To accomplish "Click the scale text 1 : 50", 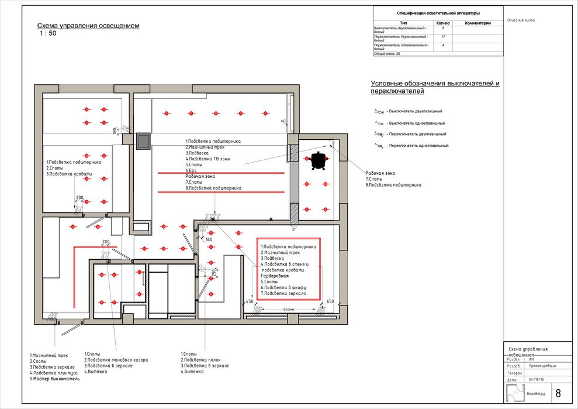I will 48,33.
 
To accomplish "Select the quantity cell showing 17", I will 443,37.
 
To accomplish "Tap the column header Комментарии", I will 477,23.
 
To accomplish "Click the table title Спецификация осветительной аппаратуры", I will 438,12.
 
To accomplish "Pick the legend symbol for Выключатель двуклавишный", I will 378,111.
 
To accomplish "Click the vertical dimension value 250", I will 214,273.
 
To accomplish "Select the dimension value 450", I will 250,301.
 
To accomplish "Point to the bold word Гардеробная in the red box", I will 275,276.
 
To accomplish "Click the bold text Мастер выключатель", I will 55,379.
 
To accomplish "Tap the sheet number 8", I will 558,393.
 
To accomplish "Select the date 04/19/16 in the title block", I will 536,379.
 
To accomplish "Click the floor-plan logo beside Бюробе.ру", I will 515,393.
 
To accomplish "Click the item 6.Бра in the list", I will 192,170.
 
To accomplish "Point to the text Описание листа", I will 521,20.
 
